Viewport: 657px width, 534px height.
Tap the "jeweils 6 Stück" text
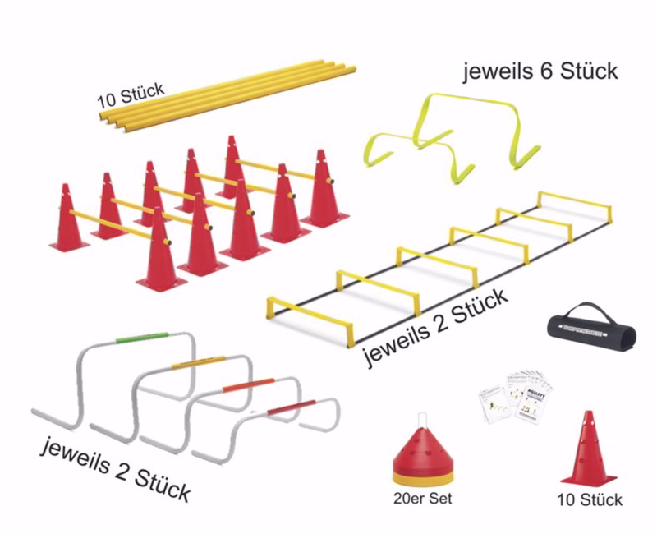click(x=540, y=71)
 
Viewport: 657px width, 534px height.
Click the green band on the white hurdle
click(x=141, y=337)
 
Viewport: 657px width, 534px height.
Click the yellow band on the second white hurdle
click(x=197, y=361)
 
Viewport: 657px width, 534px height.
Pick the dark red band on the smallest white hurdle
click(x=292, y=406)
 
